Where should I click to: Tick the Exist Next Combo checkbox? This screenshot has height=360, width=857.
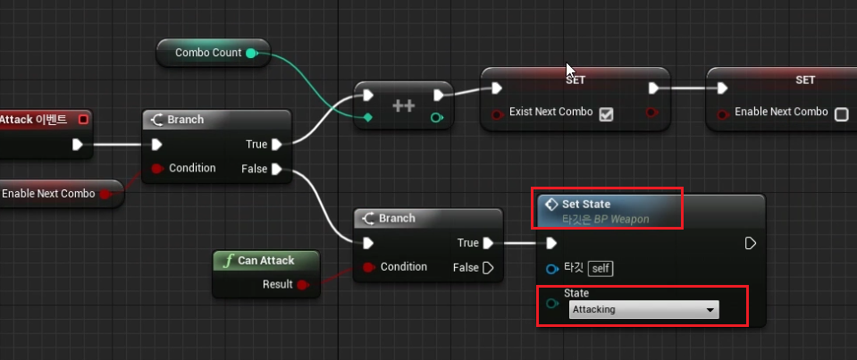tap(606, 113)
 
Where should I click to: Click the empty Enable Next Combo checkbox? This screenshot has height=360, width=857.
tap(841, 113)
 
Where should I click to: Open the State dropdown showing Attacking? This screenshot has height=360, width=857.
tap(644, 310)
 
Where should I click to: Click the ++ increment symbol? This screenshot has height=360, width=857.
tap(403, 105)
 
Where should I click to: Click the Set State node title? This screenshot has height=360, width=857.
tap(586, 204)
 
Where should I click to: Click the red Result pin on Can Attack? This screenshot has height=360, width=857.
tap(301, 285)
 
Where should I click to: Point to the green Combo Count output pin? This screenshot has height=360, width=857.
tap(251, 53)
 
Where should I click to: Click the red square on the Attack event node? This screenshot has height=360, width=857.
tap(84, 120)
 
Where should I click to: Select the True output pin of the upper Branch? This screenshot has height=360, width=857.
tap(276, 145)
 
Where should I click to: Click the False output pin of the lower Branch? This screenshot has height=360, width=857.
tap(487, 267)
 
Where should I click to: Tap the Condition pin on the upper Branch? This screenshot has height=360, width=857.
tap(156, 169)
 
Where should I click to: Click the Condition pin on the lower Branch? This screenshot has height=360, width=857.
tap(368, 267)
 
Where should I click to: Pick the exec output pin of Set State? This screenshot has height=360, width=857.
tap(750, 243)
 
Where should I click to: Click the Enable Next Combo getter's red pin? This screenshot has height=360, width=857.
tap(104, 193)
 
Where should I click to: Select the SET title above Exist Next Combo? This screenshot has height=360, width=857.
tap(576, 80)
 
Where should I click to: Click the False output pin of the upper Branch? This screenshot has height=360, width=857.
tap(276, 169)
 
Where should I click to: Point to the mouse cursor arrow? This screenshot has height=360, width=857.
tap(570, 69)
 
